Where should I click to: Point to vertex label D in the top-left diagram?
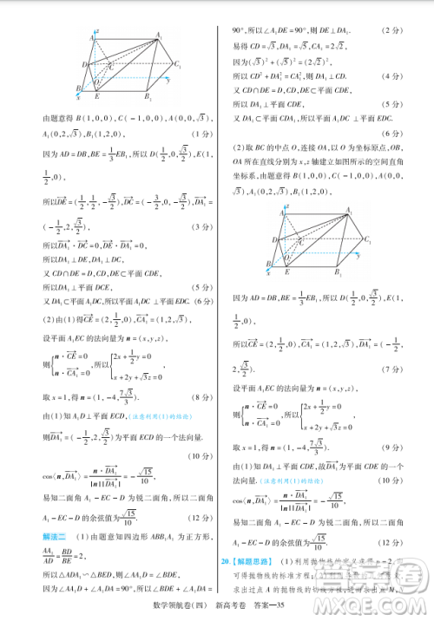click(x=84, y=65)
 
